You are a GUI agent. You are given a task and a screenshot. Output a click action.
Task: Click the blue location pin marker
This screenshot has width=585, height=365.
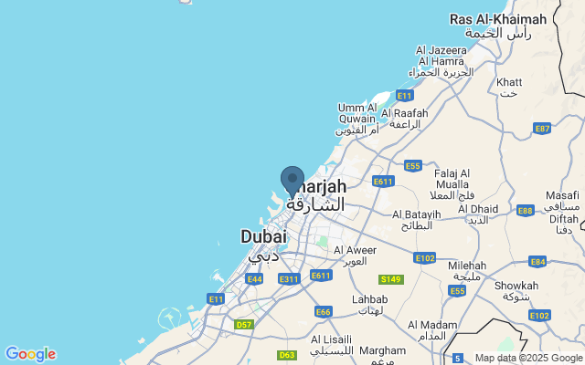tap(292, 180)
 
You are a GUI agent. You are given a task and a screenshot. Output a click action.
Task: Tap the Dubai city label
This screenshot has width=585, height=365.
tap(263, 236)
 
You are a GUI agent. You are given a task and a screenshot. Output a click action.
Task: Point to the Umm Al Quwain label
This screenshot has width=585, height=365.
tap(356, 113)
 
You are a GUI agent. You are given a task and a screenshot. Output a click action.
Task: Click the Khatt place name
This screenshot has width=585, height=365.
tap(509, 83)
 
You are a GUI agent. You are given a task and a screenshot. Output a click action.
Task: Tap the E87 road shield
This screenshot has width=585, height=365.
tap(542, 129)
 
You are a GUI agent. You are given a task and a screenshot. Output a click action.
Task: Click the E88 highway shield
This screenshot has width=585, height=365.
tap(525, 211)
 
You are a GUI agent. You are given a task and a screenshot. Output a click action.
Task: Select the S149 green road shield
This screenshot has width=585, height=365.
tap(391, 278)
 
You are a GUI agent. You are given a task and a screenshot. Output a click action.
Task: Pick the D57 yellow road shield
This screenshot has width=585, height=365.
tap(243, 324)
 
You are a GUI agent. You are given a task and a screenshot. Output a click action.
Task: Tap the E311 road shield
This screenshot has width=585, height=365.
tap(289, 278)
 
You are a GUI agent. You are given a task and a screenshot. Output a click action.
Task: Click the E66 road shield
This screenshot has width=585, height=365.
tap(323, 311)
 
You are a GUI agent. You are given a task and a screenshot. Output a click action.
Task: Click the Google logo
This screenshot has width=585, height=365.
tap(30, 354)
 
